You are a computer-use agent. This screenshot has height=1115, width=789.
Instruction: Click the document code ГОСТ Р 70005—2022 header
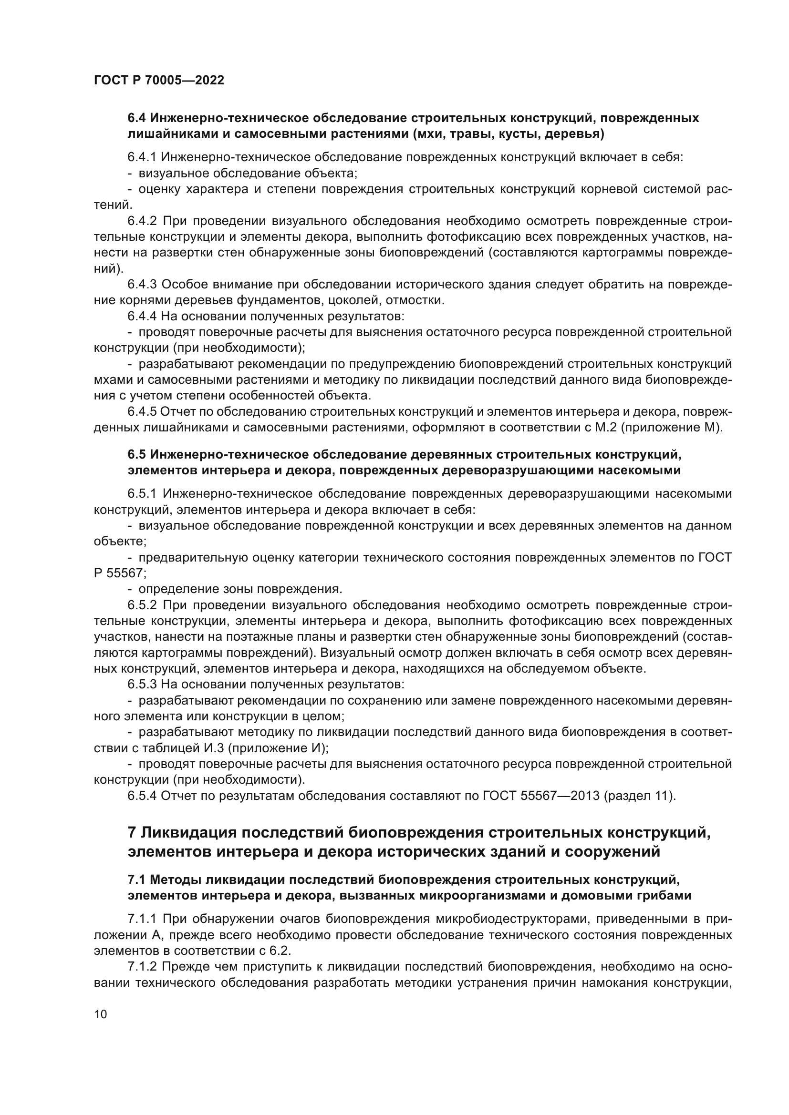(x=159, y=81)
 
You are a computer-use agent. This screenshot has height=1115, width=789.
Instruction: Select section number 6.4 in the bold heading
(x=137, y=118)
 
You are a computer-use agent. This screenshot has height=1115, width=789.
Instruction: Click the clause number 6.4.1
(x=142, y=157)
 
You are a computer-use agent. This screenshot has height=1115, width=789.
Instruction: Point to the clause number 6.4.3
(x=142, y=284)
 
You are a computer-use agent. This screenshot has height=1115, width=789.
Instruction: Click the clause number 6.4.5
(x=142, y=412)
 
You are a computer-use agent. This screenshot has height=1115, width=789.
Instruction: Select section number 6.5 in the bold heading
(x=137, y=455)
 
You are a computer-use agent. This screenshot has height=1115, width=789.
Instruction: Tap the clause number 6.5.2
(x=142, y=605)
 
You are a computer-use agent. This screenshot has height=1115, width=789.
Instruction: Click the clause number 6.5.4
(x=142, y=796)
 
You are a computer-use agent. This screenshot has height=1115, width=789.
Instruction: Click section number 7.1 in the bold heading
(x=137, y=880)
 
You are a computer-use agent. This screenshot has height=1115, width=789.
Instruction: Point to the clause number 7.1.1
(x=142, y=919)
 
